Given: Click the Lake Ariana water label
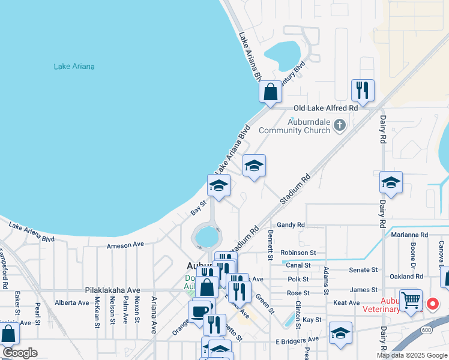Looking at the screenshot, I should click(x=74, y=67).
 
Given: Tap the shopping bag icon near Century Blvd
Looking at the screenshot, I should click(x=270, y=92).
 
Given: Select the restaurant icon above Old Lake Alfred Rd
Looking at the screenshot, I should click(x=363, y=90).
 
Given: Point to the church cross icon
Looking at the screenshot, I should click(x=340, y=125).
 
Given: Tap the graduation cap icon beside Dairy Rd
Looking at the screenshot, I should click(x=391, y=182).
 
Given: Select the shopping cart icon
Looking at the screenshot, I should click(x=411, y=299).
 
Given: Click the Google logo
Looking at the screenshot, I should click(x=19, y=352).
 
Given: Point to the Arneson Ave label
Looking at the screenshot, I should click(x=125, y=245).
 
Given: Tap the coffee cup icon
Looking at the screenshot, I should click(x=199, y=311).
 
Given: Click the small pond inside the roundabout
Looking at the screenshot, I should click(x=206, y=236).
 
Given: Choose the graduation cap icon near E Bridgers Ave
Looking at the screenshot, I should click(x=340, y=332).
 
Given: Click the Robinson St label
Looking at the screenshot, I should click(x=298, y=253).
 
